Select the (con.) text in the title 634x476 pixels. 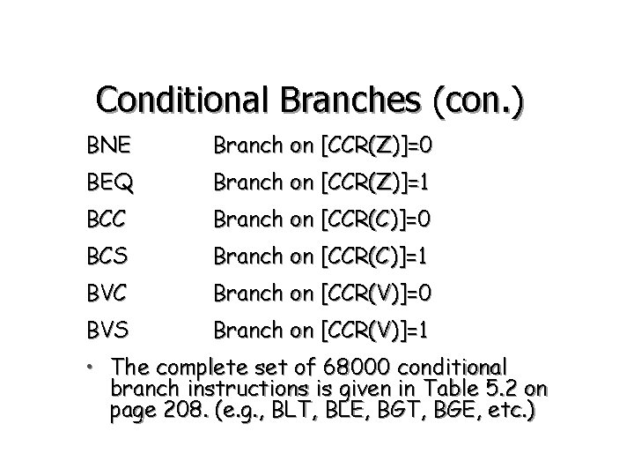point(477,101)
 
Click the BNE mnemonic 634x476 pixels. point(107,145)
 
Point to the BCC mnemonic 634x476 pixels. point(107,219)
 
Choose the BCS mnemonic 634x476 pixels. point(107,256)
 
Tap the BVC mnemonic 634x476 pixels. point(107,293)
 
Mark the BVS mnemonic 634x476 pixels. point(107,330)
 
